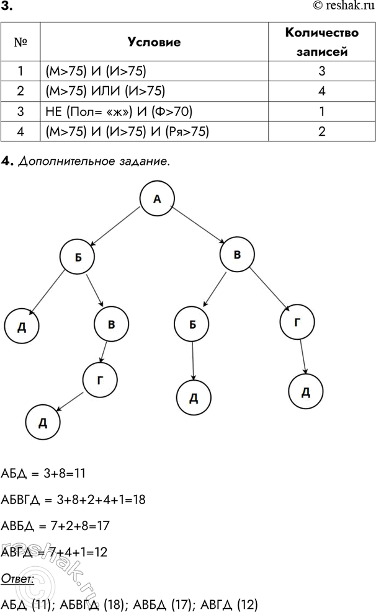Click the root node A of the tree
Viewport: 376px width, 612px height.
(x=156, y=198)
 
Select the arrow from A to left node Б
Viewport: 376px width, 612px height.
(x=117, y=225)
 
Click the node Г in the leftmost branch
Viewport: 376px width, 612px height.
(x=99, y=379)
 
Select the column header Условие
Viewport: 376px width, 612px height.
(x=154, y=43)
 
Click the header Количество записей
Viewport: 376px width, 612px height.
(x=321, y=43)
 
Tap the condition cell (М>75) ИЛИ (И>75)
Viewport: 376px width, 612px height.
(x=105, y=92)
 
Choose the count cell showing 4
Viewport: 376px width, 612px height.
(x=321, y=92)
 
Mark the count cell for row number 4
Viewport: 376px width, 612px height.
(x=321, y=131)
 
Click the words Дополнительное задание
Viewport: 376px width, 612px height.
(x=93, y=161)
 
